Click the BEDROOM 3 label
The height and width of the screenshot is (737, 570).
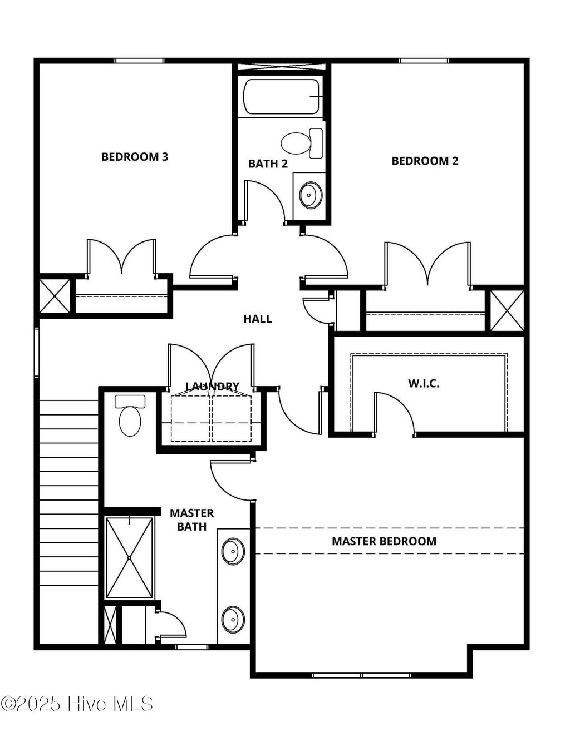point(135,157)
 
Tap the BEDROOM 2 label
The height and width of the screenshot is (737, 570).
point(425,161)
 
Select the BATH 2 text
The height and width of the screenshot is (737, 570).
point(268,164)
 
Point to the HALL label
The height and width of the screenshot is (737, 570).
point(257,319)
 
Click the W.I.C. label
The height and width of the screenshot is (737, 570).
point(424,383)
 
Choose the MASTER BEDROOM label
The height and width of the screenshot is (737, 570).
point(384,541)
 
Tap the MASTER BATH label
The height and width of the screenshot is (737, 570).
point(191,520)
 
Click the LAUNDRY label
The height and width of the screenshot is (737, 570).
point(212,386)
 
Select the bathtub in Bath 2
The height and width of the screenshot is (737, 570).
point(282,97)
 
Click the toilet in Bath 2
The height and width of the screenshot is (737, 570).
point(301,143)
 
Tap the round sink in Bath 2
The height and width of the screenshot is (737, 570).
point(310,195)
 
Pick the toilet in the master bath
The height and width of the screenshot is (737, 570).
point(130,417)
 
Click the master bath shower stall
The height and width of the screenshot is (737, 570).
point(130,557)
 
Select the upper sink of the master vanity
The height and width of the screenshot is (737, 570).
point(233,551)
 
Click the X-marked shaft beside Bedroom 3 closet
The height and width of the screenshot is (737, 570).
point(55,295)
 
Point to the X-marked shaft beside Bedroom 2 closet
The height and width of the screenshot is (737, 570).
point(507,310)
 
